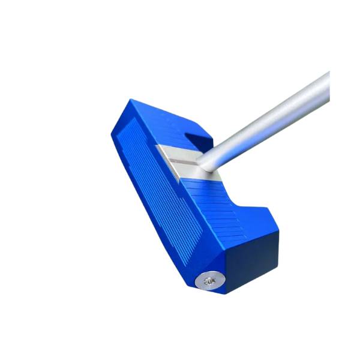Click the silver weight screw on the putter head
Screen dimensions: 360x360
coord(209,279)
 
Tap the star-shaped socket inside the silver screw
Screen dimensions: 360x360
coord(209,279)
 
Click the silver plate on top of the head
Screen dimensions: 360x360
coord(180,162)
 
